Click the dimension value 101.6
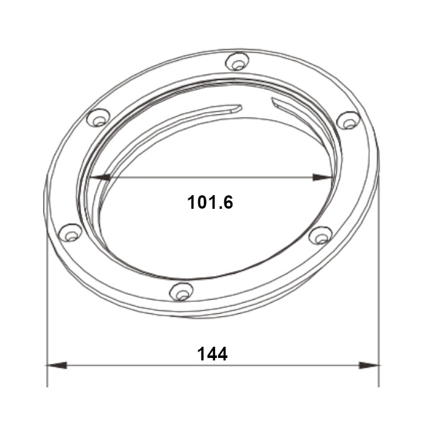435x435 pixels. (210, 202)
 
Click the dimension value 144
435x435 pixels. (213, 354)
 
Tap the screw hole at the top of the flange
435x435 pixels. (237, 62)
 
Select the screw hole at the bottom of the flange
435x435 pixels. (181, 291)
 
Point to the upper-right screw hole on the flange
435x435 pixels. (349, 120)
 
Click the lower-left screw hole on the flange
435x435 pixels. (71, 232)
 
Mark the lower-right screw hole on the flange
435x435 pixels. (321, 236)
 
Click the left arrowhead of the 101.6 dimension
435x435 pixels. (99, 177)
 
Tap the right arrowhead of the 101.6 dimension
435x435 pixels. (323, 177)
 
